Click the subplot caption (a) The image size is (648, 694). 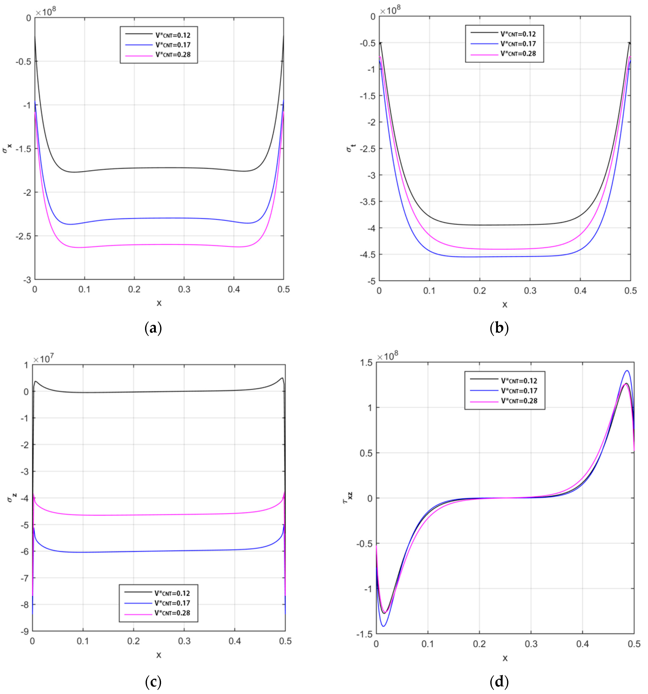pyautogui.click(x=153, y=328)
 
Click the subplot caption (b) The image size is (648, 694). pyautogui.click(x=499, y=328)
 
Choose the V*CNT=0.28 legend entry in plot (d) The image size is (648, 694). pyautogui.click(x=519, y=401)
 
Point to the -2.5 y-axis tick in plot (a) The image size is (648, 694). pyautogui.click(x=23, y=236)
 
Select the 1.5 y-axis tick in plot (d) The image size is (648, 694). pyautogui.click(x=366, y=363)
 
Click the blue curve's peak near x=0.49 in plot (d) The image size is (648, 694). pyautogui.click(x=627, y=371)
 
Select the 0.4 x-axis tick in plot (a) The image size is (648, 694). pyautogui.click(x=234, y=289)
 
